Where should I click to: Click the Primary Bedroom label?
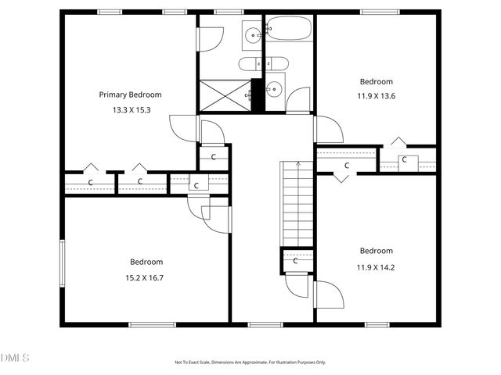pyautogui.click(x=135, y=95)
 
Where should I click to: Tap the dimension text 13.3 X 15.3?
pyautogui.click(x=132, y=110)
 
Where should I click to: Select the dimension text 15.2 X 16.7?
pyautogui.click(x=146, y=277)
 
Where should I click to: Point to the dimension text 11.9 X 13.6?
pyautogui.click(x=376, y=97)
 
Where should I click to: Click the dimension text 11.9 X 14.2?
pyautogui.click(x=376, y=266)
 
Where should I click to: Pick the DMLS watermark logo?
pyautogui.click(x=15, y=358)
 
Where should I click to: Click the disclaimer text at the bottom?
pyautogui.click(x=250, y=362)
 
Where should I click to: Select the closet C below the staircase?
pyautogui.click(x=296, y=260)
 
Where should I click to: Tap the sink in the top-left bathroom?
pyautogui.click(x=252, y=34)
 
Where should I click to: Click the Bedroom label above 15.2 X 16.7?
pyautogui.click(x=146, y=262)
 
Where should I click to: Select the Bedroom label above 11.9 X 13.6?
pyautogui.click(x=376, y=81)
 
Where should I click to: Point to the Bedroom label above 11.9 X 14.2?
pyautogui.click(x=376, y=251)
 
